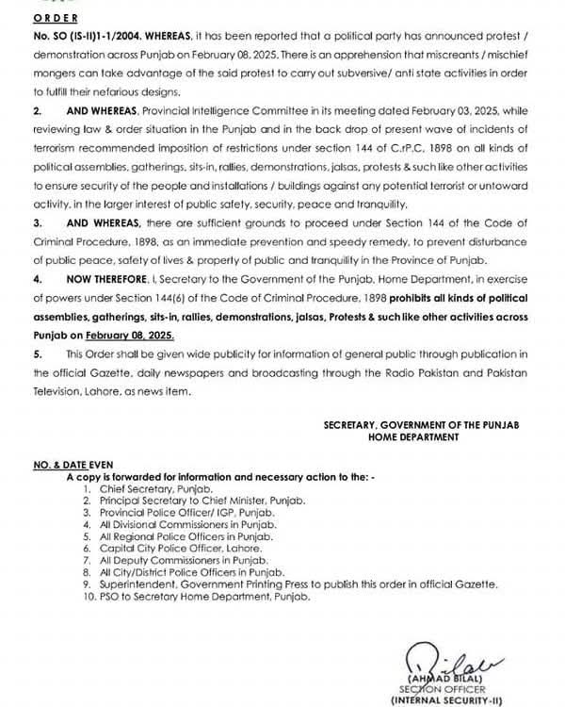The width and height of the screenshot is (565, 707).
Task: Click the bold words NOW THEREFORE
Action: coord(103,281)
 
